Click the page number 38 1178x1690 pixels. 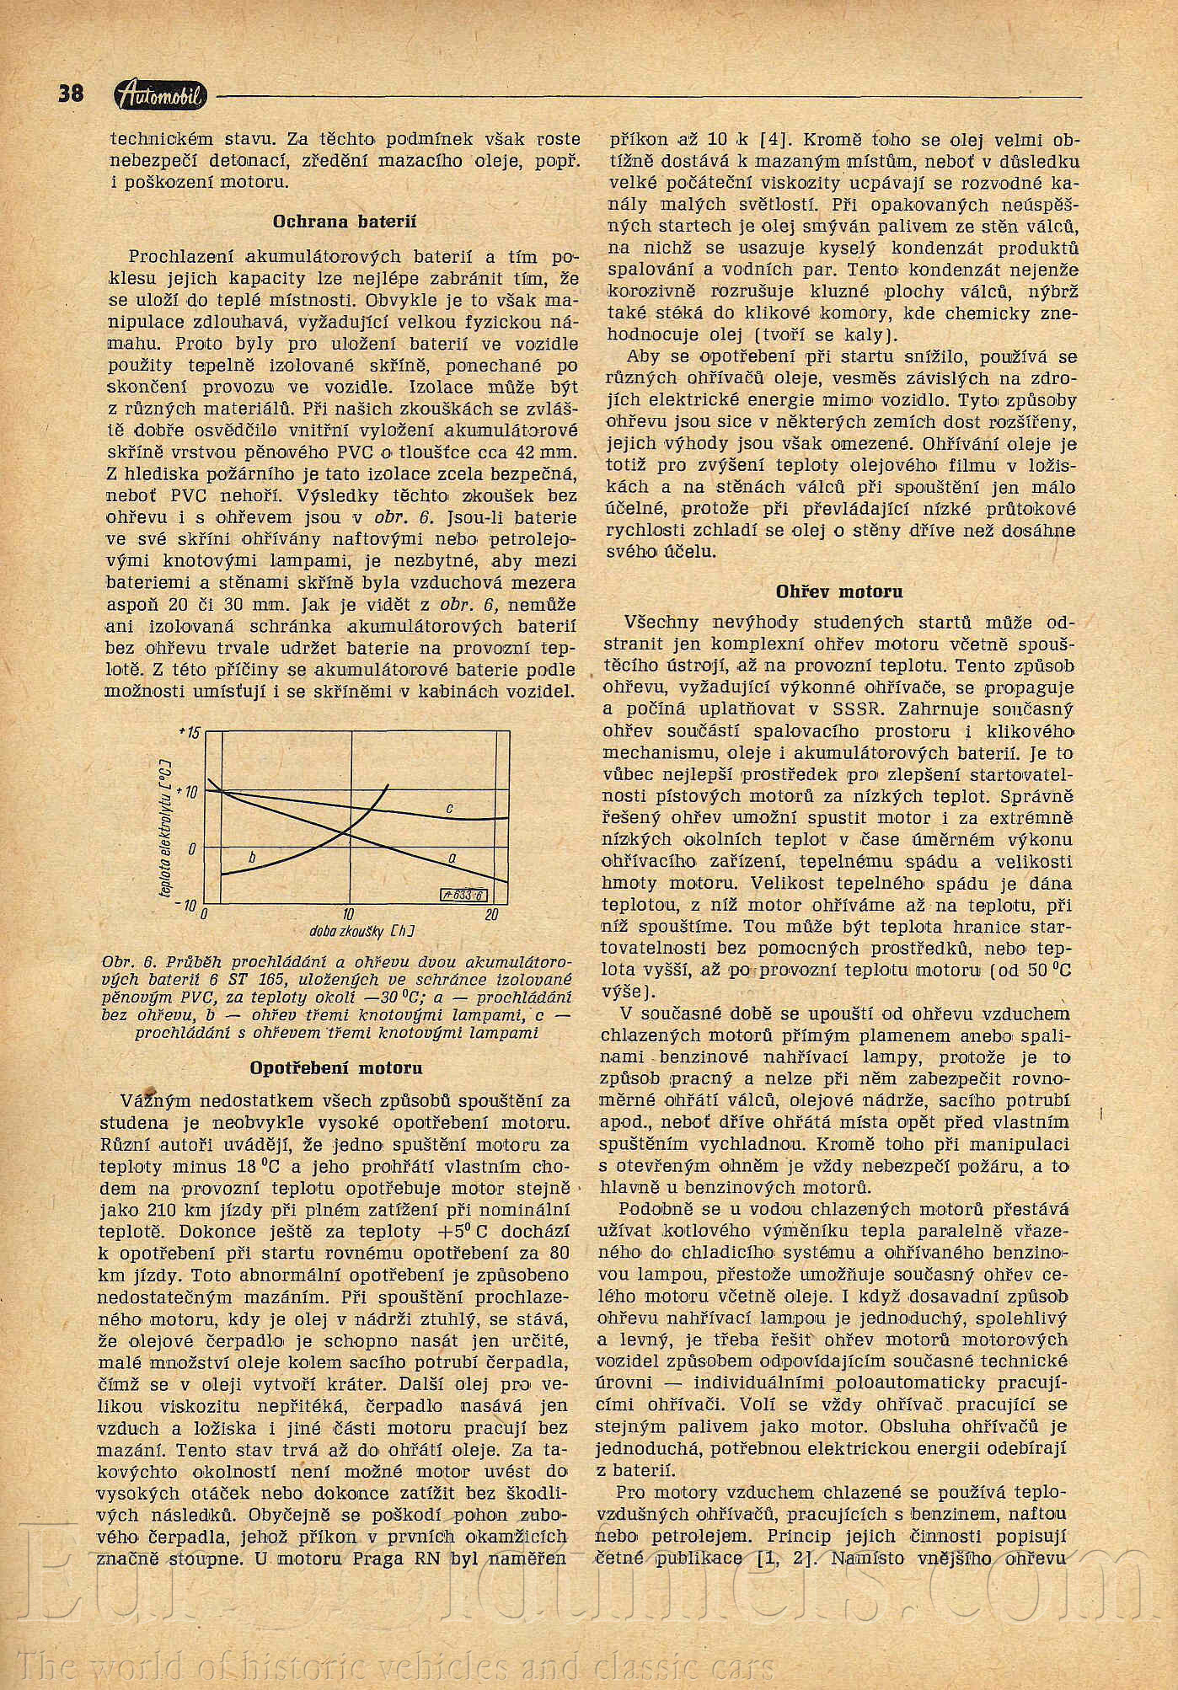(72, 93)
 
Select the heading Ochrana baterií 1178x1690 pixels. (344, 222)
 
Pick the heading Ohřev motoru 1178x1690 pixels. (838, 591)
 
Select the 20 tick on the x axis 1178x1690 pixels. (492, 915)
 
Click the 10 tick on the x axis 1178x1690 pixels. (348, 915)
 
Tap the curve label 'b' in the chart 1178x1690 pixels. (251, 857)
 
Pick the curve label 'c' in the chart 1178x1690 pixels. (449, 809)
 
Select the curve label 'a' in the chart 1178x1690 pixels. (452, 858)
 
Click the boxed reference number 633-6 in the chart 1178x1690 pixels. (462, 896)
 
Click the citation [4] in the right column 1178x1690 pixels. (772, 140)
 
